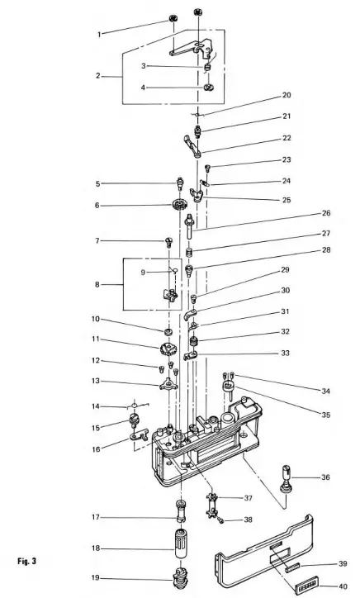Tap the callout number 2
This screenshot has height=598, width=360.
tap(97, 76)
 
